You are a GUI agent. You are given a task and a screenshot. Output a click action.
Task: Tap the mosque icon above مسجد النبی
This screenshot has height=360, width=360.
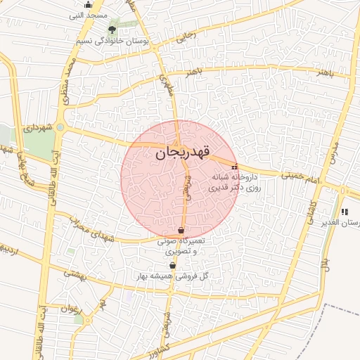pos(88,5)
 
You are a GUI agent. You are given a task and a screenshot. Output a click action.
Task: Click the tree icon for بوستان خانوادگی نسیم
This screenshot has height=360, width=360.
pos(112,30)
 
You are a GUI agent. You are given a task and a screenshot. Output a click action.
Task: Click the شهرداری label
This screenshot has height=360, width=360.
pos(38,128)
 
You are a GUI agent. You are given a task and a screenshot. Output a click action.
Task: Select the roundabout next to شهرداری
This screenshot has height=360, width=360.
pos(60,127)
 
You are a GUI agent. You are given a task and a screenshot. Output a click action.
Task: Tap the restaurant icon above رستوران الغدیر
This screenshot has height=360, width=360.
pos(344,212)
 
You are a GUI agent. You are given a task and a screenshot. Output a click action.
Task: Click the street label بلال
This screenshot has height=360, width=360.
pos(326,266)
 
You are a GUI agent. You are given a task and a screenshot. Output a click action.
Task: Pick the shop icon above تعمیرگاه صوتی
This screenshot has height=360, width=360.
pos(181,230)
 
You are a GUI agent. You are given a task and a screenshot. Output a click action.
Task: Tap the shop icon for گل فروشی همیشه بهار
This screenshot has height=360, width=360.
pos(173,265)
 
